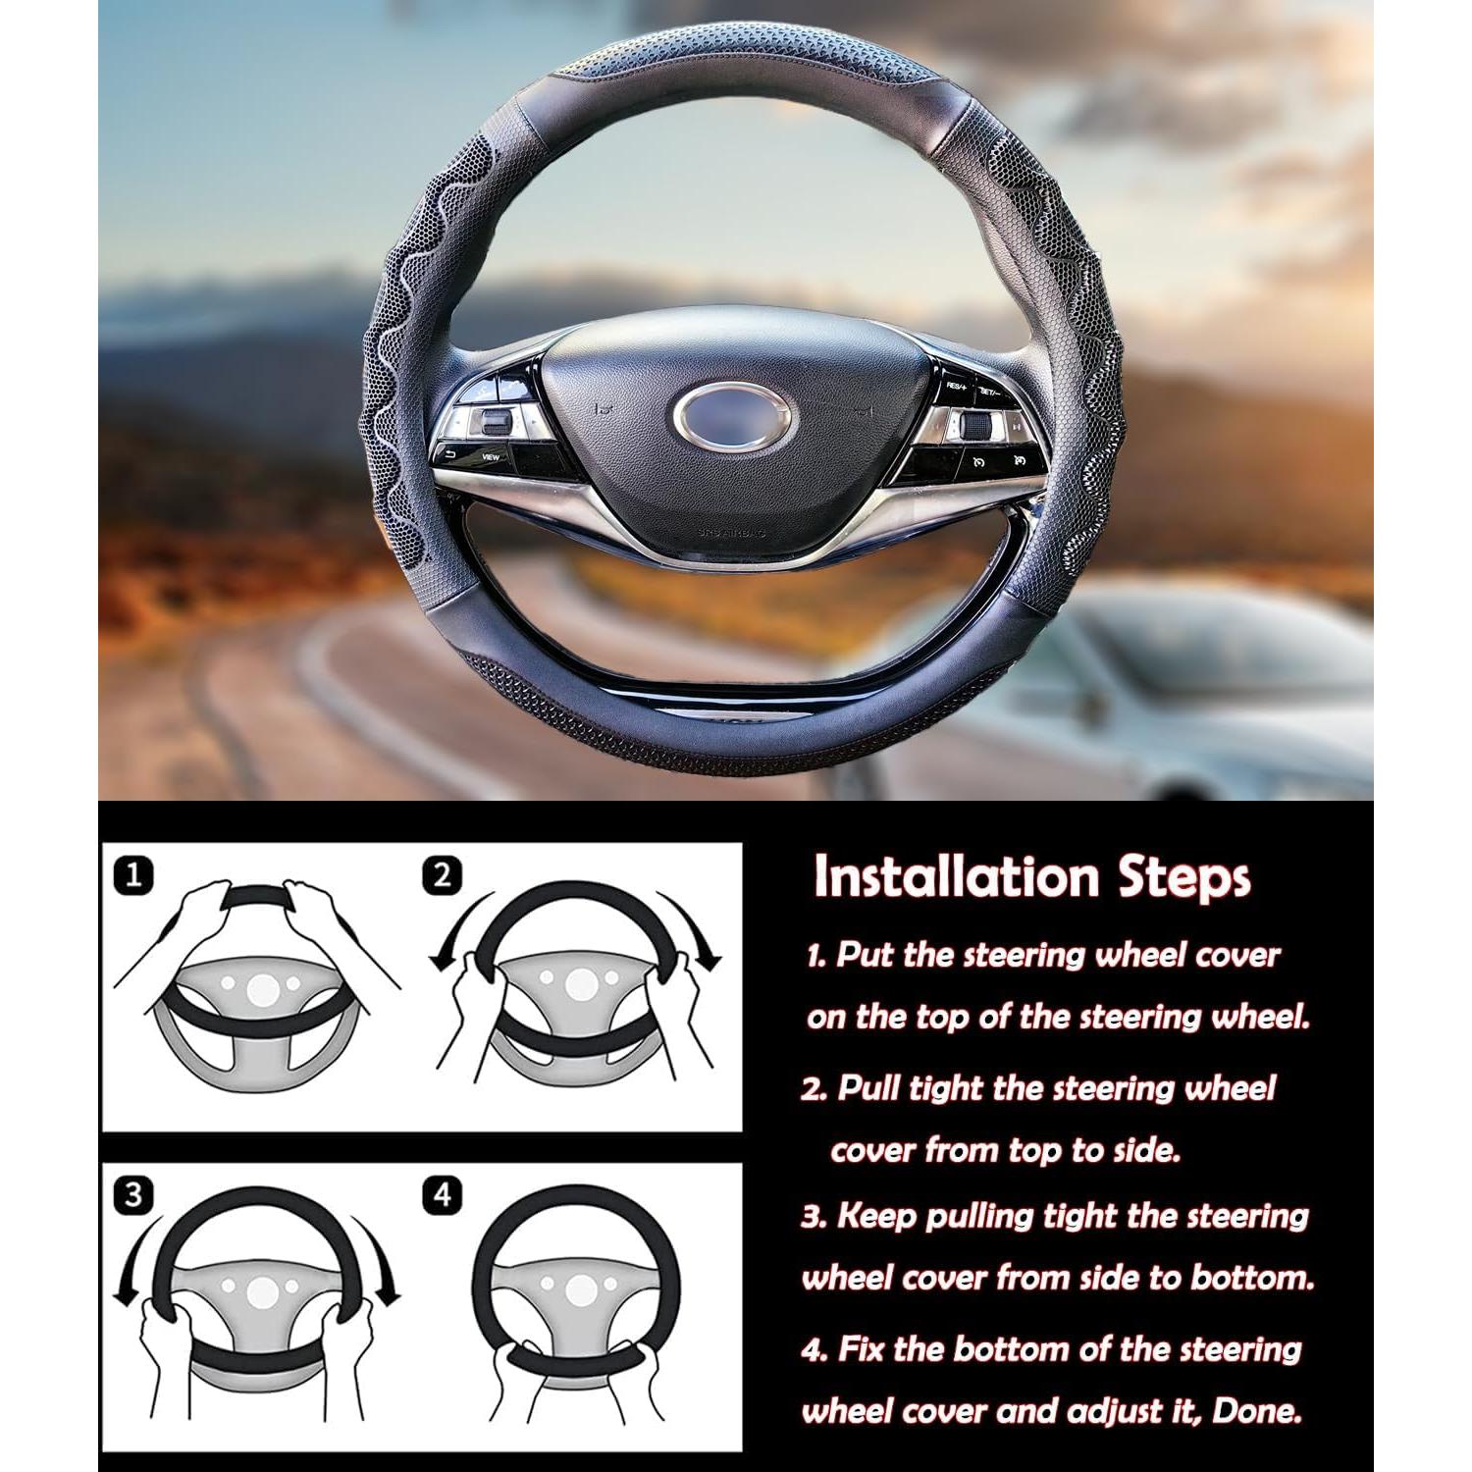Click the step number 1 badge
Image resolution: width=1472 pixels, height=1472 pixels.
pyautogui.click(x=133, y=874)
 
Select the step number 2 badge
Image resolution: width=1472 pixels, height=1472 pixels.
pyautogui.click(x=443, y=874)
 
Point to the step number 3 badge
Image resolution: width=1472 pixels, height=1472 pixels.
pyautogui.click(x=133, y=1194)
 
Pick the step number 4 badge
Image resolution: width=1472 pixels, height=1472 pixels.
pyautogui.click(x=443, y=1194)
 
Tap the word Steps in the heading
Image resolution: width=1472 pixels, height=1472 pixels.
pyautogui.click(x=1183, y=877)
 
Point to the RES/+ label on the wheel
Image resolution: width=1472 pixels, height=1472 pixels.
pyautogui.click(x=957, y=388)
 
